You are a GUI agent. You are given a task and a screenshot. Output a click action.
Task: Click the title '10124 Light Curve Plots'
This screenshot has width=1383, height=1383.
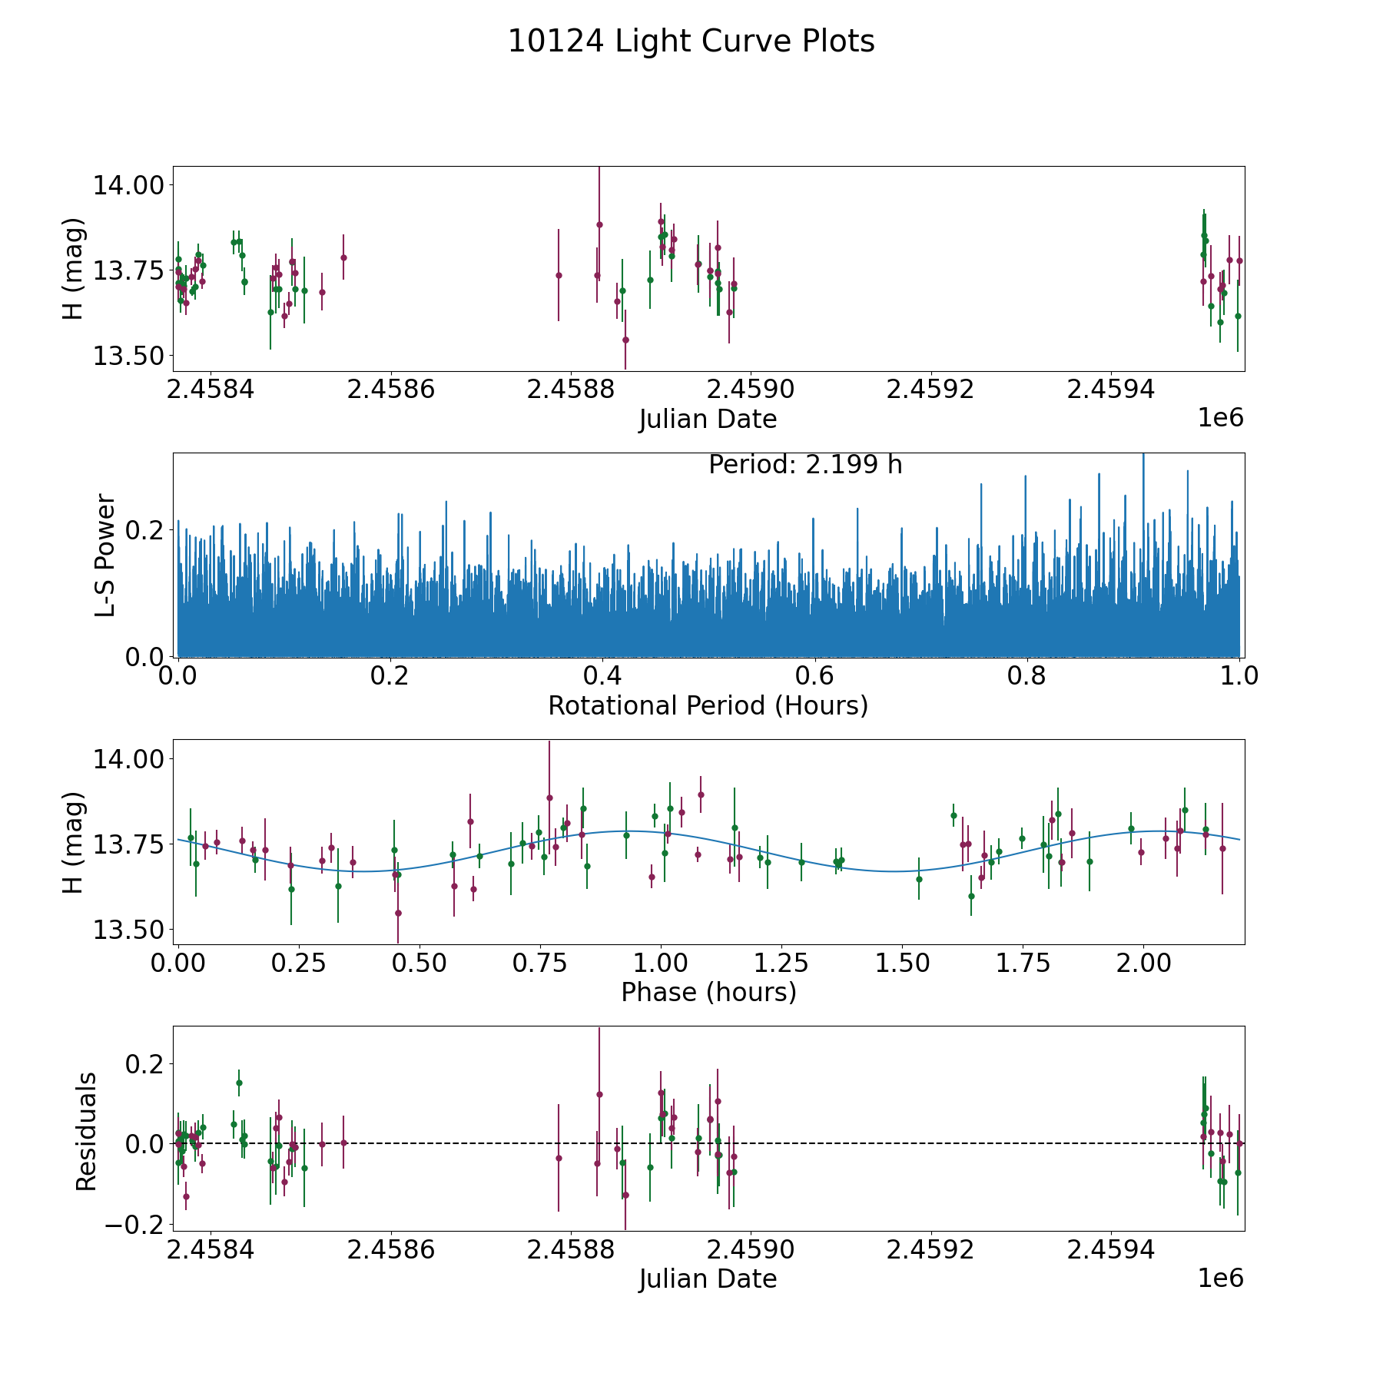point(691,41)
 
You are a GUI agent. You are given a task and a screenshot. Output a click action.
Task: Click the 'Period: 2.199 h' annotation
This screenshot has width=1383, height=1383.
point(804,465)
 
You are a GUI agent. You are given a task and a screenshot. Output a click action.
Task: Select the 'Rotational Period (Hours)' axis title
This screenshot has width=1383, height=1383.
point(708,705)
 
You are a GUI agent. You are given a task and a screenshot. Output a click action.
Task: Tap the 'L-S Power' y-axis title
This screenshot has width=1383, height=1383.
point(105,555)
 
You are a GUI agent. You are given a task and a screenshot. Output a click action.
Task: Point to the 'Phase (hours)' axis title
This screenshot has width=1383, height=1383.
point(708,992)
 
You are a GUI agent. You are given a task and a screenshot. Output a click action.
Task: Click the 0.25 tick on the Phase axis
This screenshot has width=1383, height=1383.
point(300,963)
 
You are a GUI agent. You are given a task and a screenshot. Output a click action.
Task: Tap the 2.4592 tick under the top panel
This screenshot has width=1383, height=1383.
point(930,390)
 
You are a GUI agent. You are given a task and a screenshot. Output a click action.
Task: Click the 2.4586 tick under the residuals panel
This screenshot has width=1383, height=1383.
point(391,1250)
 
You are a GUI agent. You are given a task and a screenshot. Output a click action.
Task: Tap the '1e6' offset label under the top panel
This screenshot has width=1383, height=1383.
point(1220,418)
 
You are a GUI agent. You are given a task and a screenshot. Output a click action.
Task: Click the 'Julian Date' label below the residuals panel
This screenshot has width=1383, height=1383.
point(708,1279)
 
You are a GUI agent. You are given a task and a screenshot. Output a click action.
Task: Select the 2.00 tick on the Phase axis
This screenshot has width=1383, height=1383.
point(1143,963)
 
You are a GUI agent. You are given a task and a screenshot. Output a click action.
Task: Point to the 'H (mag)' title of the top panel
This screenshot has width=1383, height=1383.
point(72,268)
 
